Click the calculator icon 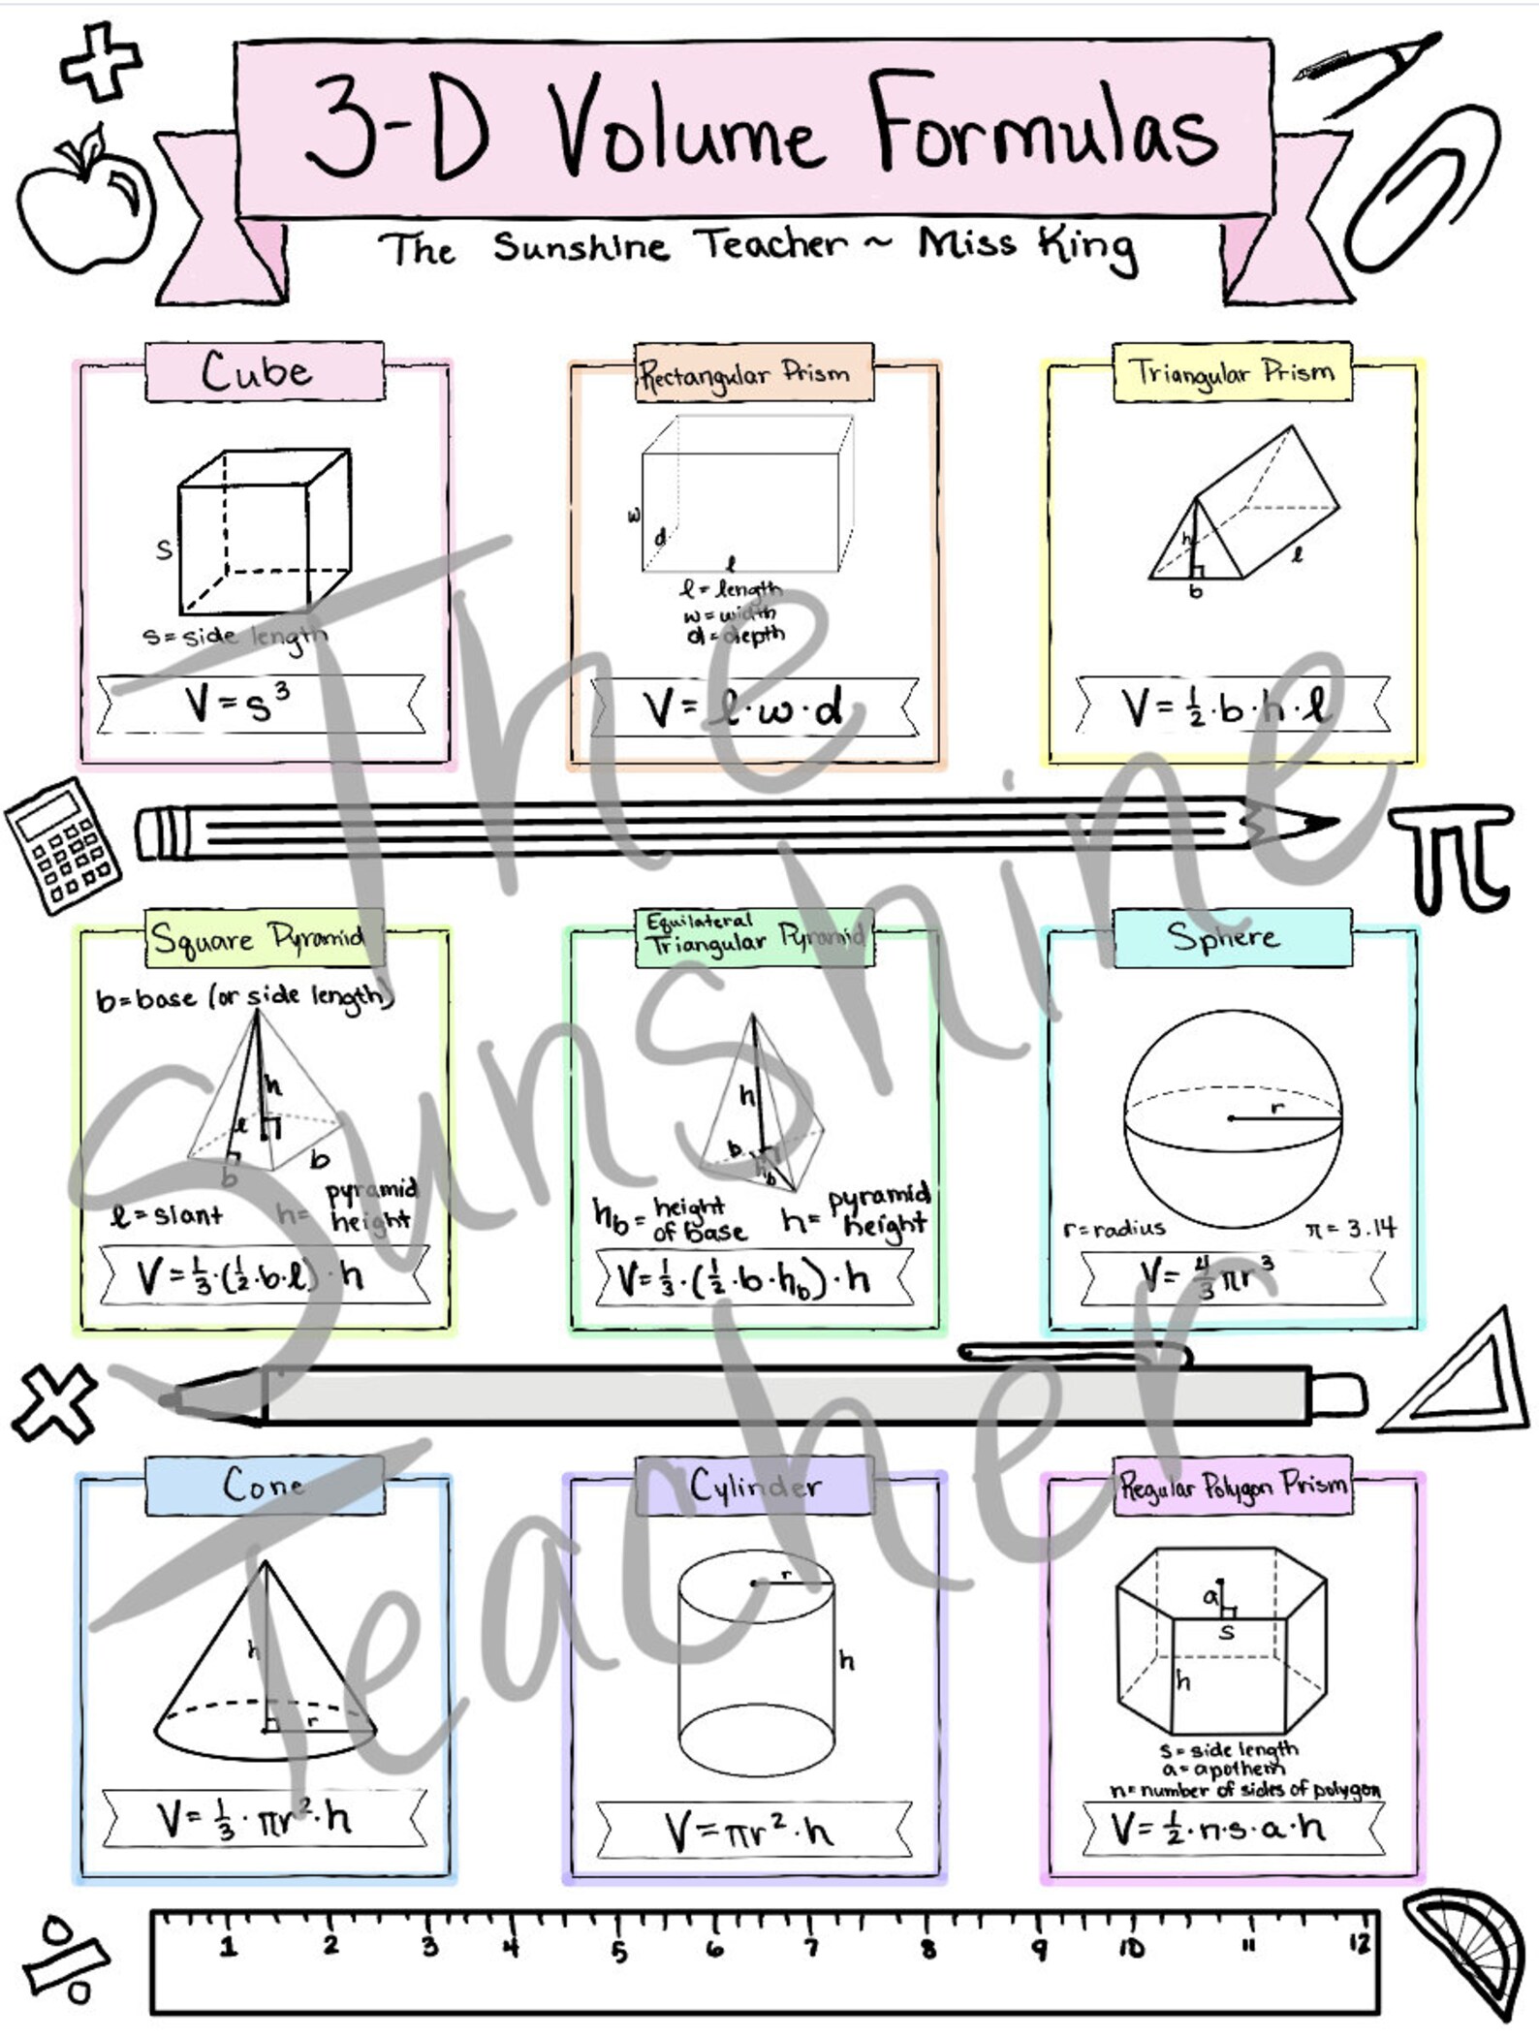tap(63, 845)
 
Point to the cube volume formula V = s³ tap(238, 705)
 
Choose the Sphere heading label tap(1224, 937)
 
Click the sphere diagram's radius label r tap(1277, 1107)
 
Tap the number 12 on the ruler tap(1359, 1942)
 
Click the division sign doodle tap(66, 1958)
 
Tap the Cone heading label tap(264, 1485)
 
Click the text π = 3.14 tap(1350, 1229)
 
